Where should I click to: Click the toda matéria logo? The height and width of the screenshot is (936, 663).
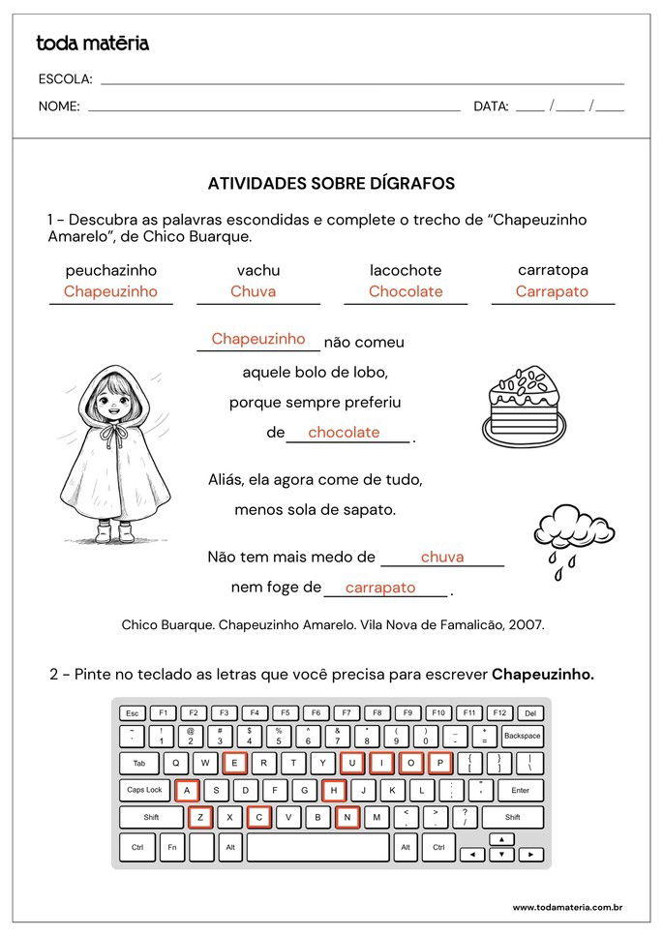[x=92, y=44]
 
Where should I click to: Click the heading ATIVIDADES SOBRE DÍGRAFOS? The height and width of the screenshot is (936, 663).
[x=331, y=184]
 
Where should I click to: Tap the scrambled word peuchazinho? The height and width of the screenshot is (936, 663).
[x=110, y=270]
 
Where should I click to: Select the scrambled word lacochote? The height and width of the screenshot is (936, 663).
[x=406, y=270]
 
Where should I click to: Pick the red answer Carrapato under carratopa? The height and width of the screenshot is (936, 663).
[x=552, y=291]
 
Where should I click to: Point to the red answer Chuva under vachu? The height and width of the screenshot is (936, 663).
[x=254, y=291]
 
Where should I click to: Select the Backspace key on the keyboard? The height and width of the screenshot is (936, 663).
[x=522, y=736]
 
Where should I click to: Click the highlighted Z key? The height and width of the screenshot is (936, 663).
[x=200, y=818]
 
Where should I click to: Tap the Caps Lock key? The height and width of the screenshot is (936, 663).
[x=144, y=790]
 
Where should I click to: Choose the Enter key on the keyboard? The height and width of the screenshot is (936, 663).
[x=520, y=790]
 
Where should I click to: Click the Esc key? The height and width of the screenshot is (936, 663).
[x=132, y=713]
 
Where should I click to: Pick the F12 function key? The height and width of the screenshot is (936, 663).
[x=498, y=713]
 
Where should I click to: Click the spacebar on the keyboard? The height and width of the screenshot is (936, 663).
[x=318, y=847]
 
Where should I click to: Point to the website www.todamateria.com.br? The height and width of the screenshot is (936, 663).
[x=566, y=907]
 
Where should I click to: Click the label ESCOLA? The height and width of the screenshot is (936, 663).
[x=66, y=79]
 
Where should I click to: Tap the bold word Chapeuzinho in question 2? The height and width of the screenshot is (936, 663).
[x=542, y=675]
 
